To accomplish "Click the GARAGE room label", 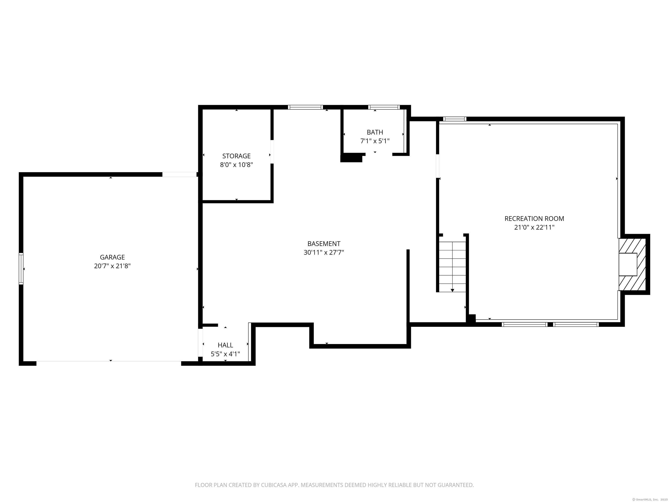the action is tap(112, 257).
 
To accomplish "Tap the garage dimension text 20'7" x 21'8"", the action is tap(112, 266).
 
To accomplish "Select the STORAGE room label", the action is tap(237, 156).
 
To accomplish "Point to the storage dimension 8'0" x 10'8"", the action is tap(237, 165).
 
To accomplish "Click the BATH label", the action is tap(375, 132).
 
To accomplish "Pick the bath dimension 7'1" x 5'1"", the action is tap(375, 141).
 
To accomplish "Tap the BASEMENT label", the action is tap(324, 244).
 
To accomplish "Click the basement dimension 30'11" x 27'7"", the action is tap(324, 252).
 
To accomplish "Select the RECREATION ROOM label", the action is tap(534, 219).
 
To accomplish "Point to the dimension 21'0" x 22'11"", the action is tap(534, 227).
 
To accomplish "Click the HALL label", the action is tap(225, 345).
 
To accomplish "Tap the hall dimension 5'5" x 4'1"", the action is tap(225, 354).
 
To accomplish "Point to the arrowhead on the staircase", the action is tap(453, 290).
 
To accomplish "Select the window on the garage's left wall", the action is tap(21, 269).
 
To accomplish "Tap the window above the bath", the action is tap(384, 107).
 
